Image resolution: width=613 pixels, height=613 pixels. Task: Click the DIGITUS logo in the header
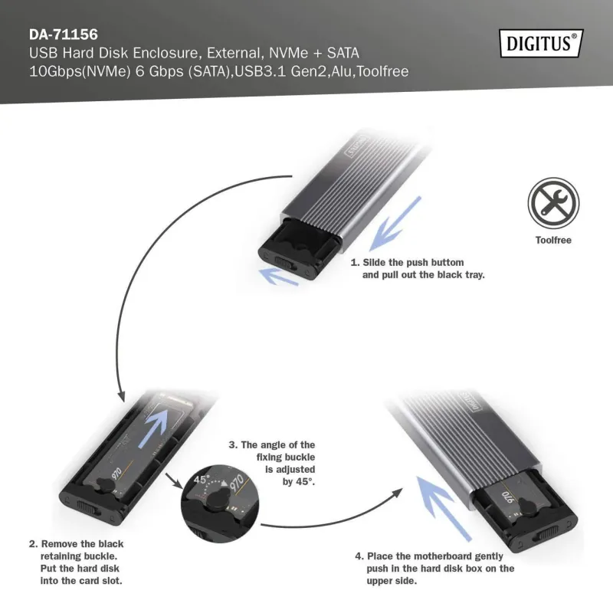(x=540, y=43)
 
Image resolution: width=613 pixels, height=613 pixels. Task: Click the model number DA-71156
(x=63, y=34)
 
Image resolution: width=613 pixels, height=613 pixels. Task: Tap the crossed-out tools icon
(x=553, y=203)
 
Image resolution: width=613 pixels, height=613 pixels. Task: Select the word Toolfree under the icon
(x=553, y=240)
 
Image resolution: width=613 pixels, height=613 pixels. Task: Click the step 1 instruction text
(x=418, y=268)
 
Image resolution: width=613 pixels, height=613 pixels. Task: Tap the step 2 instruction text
(x=77, y=562)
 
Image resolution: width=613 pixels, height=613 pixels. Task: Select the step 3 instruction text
(x=274, y=463)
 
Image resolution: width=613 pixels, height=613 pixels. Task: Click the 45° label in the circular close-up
(x=200, y=480)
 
